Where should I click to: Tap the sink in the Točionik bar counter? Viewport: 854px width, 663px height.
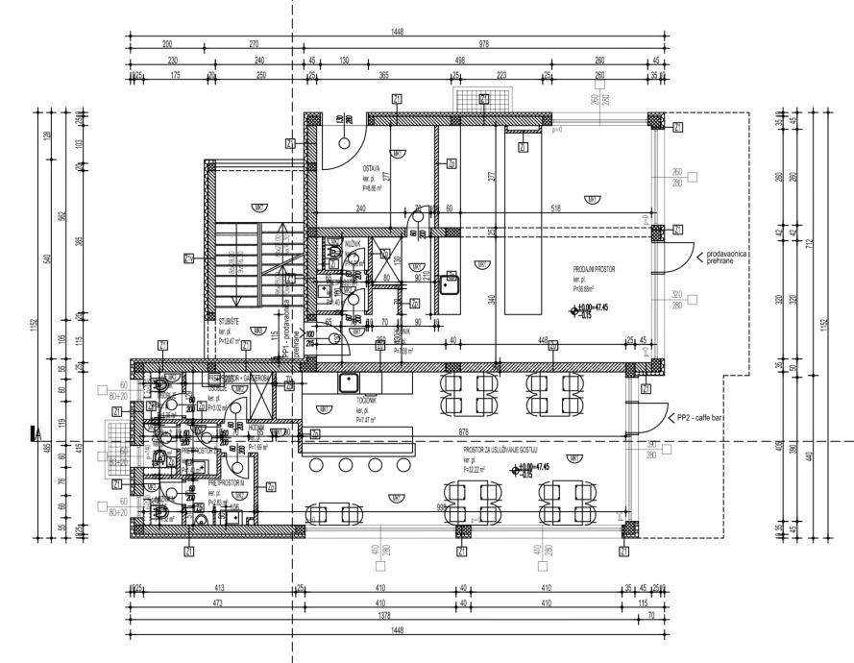coord(347,382)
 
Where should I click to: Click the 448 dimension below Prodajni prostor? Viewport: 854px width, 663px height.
coord(544,339)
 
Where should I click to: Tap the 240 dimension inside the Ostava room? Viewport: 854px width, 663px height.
coord(359,208)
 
